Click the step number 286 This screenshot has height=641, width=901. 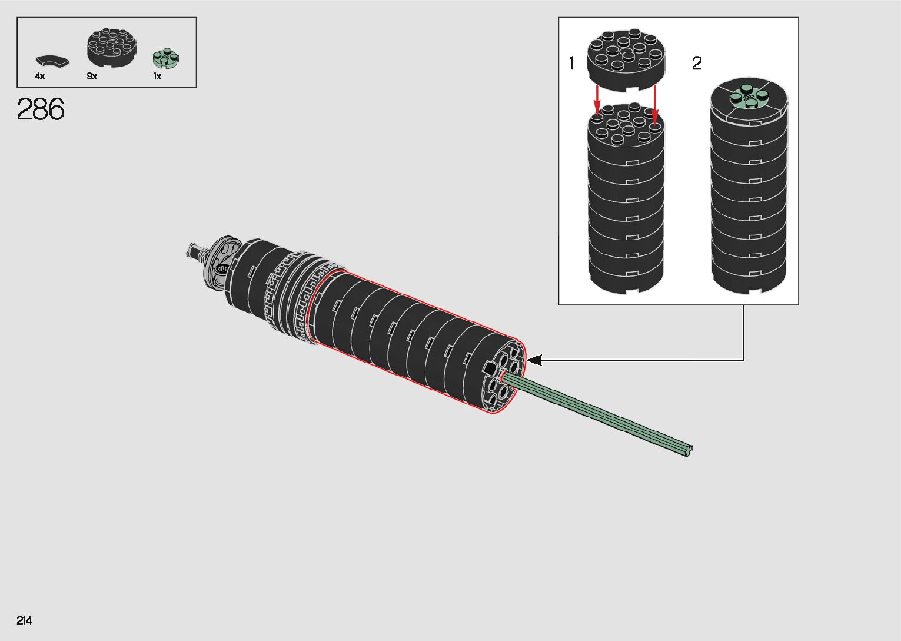pos(40,109)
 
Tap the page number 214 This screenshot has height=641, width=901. pos(24,620)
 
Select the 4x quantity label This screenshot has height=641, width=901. pos(40,76)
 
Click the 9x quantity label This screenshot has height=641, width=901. pos(92,76)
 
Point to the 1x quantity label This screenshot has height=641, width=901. pos(157,76)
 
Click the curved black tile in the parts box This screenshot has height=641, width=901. pos(52,61)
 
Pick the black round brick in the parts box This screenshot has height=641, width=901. pos(112,48)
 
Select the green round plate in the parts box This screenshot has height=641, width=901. pos(166,58)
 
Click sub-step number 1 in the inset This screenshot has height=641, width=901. pos(571,63)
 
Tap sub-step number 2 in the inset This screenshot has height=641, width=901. pos(697,63)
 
